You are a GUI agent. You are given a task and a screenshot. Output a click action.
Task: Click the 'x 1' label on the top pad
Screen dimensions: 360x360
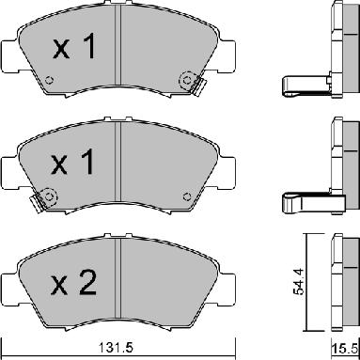pos(74,50)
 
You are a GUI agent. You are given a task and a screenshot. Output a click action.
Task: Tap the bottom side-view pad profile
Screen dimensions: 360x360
pos(339,277)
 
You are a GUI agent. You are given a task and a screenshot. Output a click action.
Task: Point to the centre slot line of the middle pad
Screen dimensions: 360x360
pos(119,169)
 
